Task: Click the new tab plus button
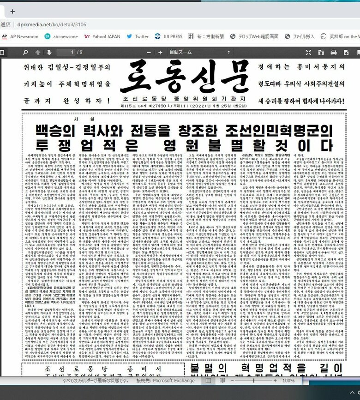[x=12, y=12]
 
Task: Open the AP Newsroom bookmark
[x=20, y=36]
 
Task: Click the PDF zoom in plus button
[x=160, y=53]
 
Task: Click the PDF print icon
[x=333, y=53]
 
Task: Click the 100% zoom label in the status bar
[x=288, y=381]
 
